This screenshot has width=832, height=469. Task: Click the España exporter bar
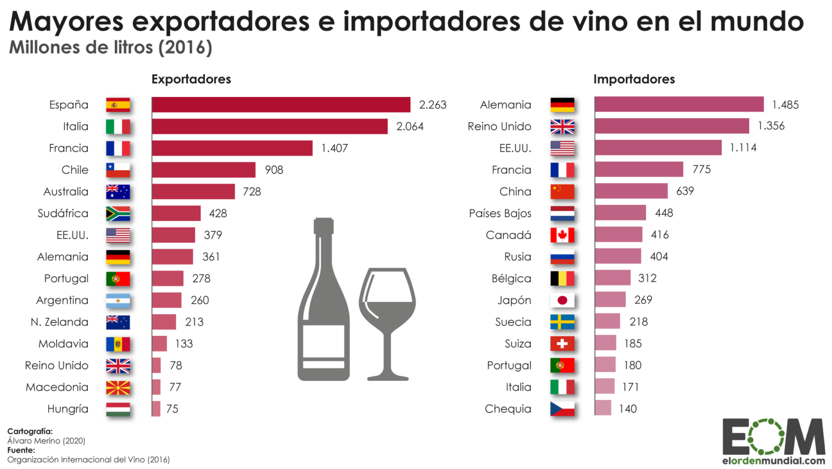[x=281, y=105]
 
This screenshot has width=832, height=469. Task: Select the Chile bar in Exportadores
[x=203, y=170]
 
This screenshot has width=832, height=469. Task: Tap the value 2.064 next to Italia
[x=409, y=126]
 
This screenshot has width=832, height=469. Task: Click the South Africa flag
[x=118, y=213]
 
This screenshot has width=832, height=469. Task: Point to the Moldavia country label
[x=63, y=343]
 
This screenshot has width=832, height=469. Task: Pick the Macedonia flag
[x=118, y=387]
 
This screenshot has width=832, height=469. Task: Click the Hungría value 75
[x=172, y=409]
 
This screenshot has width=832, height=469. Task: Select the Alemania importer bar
[x=679, y=105]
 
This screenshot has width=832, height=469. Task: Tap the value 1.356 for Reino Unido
[x=771, y=126]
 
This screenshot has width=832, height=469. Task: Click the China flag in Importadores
[x=562, y=192]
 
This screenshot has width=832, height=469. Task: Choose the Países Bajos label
[x=500, y=213]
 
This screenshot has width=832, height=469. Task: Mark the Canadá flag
[x=562, y=235]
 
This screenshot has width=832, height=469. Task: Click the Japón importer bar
[x=610, y=299]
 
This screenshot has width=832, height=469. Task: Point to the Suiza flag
[x=562, y=343]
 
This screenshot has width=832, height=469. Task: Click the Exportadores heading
[x=191, y=79]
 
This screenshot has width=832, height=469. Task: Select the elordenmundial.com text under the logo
[x=773, y=461]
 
